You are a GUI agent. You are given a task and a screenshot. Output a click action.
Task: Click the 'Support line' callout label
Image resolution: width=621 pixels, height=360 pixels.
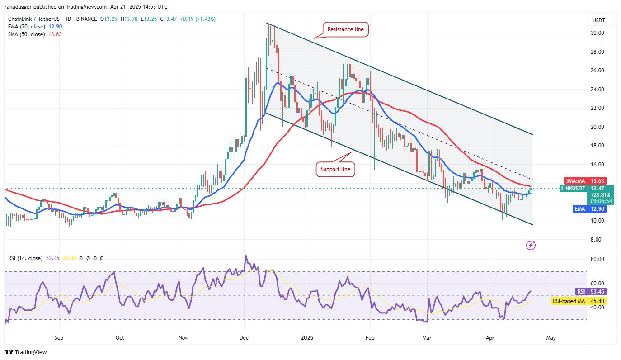(335, 169)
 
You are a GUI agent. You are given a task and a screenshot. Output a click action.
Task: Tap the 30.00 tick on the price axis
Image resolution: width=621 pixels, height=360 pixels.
(598, 33)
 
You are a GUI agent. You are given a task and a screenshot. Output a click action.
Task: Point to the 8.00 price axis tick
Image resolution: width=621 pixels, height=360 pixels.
(598, 240)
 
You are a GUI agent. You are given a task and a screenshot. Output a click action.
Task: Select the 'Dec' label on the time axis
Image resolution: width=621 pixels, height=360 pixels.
(244, 337)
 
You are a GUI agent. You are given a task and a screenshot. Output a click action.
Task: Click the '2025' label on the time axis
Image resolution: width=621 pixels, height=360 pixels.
(307, 337)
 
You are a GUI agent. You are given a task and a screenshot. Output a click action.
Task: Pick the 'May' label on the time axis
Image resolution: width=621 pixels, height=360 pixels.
(550, 337)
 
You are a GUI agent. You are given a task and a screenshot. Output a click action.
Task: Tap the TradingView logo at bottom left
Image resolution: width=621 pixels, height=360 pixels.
(26, 352)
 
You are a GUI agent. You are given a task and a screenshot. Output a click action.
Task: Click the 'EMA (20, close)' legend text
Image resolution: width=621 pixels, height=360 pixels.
(26, 27)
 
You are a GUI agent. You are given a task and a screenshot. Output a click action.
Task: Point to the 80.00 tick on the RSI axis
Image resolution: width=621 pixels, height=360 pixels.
(598, 259)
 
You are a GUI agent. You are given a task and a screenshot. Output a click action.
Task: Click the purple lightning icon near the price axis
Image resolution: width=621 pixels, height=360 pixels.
(531, 245)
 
